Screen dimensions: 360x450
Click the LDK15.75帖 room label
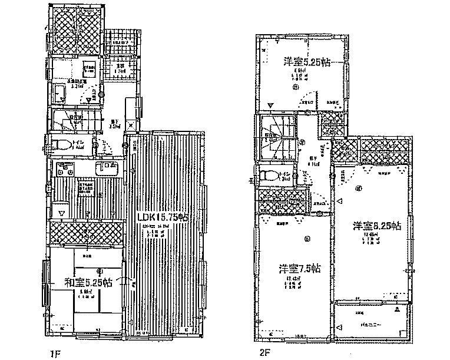coord(163,217)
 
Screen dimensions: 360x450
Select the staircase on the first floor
coord(71,121)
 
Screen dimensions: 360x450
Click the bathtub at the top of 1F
coord(76,29)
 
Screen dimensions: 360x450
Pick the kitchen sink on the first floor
coord(108,167)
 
